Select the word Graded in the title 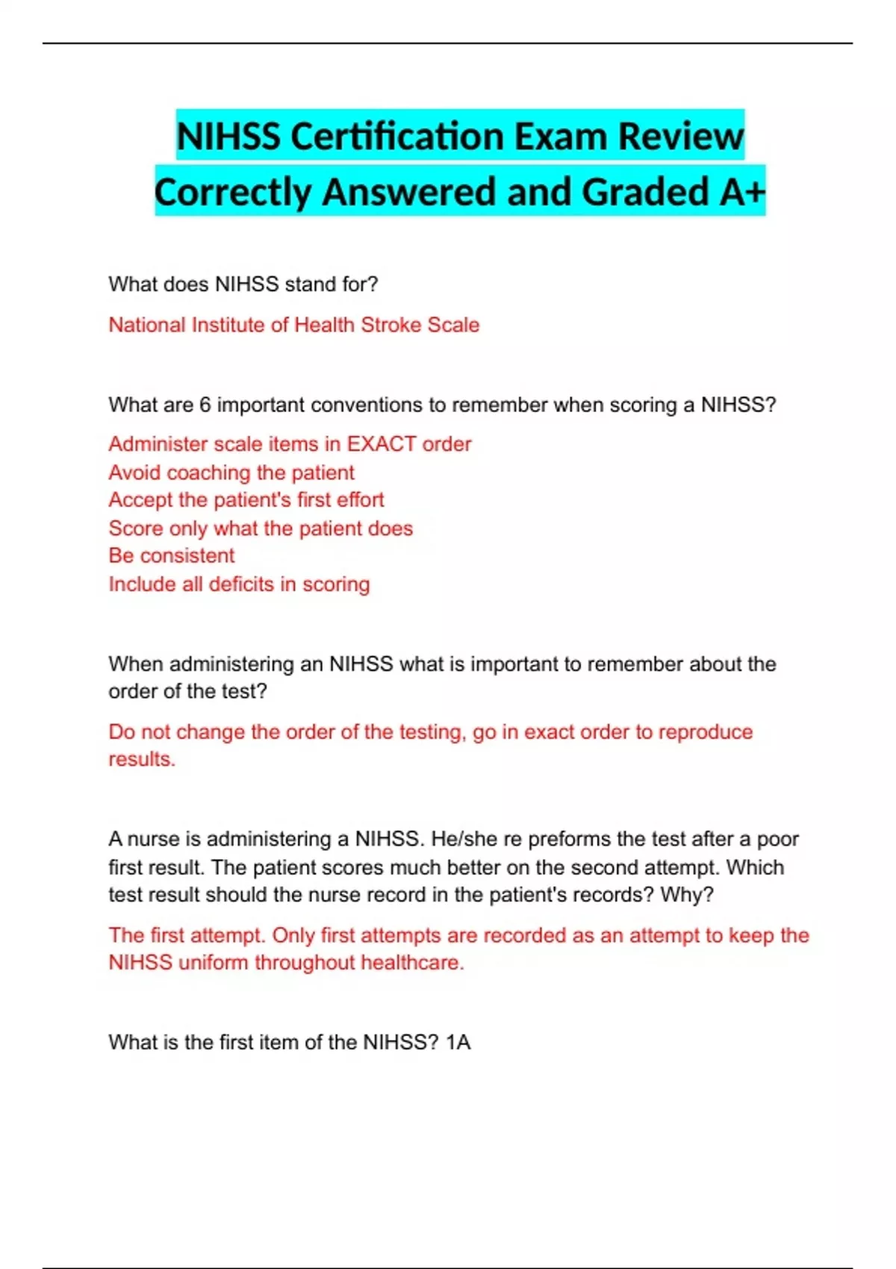(645, 192)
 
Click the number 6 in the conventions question (205, 405)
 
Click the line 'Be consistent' (172, 556)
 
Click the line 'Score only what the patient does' (261, 529)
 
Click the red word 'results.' (142, 759)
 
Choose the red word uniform (214, 963)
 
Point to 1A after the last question (458, 1042)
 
